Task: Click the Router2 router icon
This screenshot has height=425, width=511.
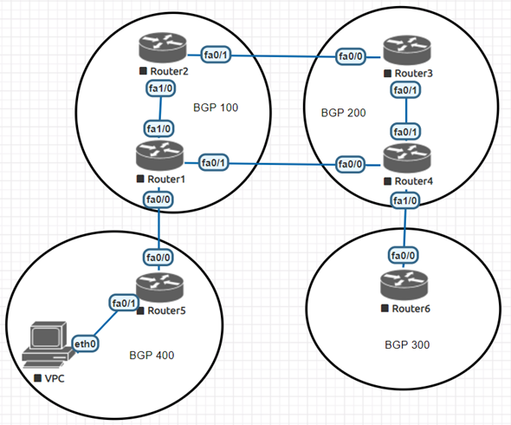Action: point(160,48)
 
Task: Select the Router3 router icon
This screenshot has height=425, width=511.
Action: point(407,49)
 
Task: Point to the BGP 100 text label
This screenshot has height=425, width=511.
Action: point(216,108)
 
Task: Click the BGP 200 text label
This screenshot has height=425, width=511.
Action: point(343,113)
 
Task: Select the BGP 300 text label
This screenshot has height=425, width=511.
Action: point(407,344)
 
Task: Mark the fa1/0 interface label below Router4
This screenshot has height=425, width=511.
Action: point(404,201)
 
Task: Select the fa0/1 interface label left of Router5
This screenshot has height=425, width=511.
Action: point(122,303)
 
